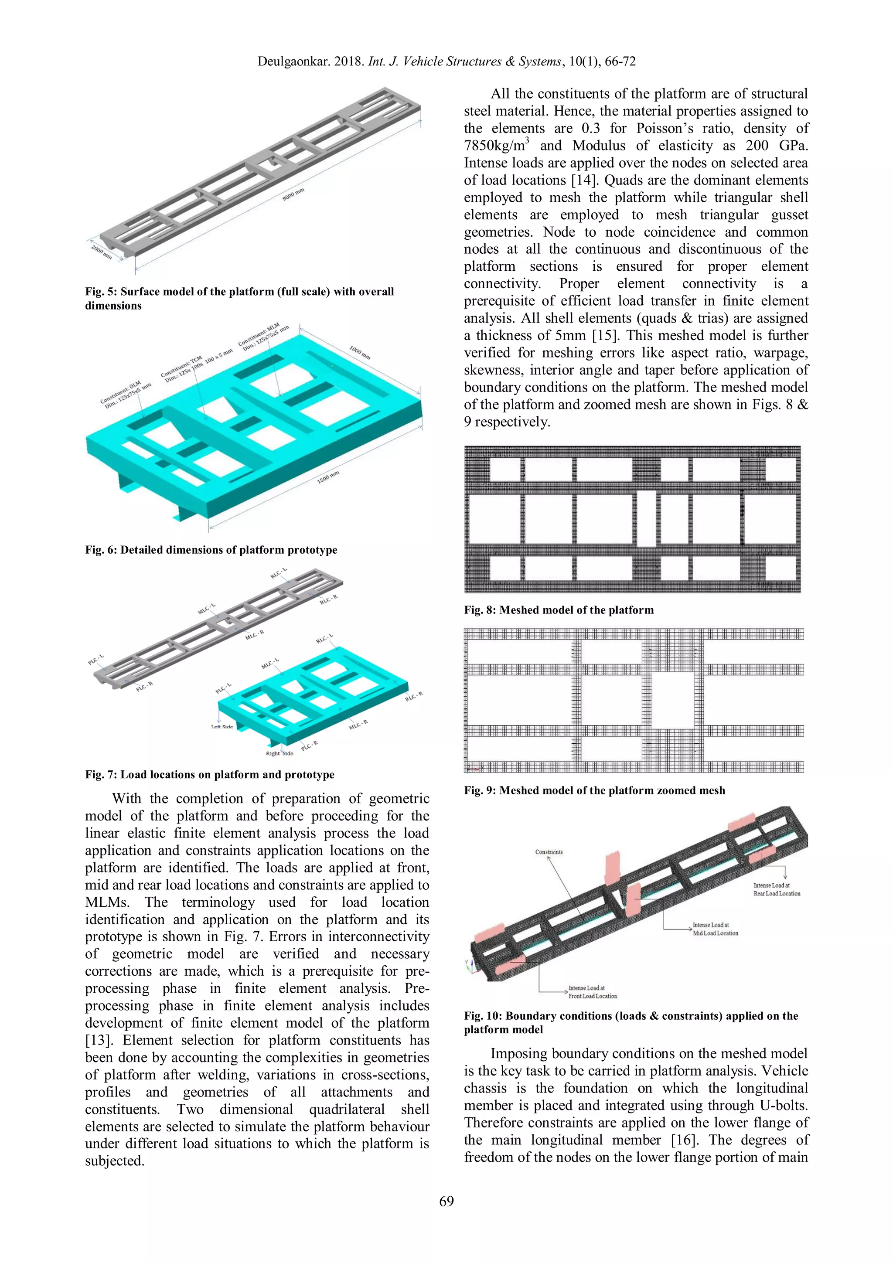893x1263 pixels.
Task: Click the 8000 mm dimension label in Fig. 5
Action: (x=293, y=194)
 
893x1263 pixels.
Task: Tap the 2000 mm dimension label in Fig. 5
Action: (x=101, y=253)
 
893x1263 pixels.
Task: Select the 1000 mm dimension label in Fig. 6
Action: (x=360, y=352)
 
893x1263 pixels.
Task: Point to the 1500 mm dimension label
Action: (x=328, y=477)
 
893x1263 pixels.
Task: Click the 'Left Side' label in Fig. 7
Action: (x=222, y=727)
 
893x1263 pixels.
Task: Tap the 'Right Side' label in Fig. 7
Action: (x=279, y=753)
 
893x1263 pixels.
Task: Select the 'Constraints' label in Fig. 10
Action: (x=549, y=852)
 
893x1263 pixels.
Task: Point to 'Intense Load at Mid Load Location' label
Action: (x=715, y=929)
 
